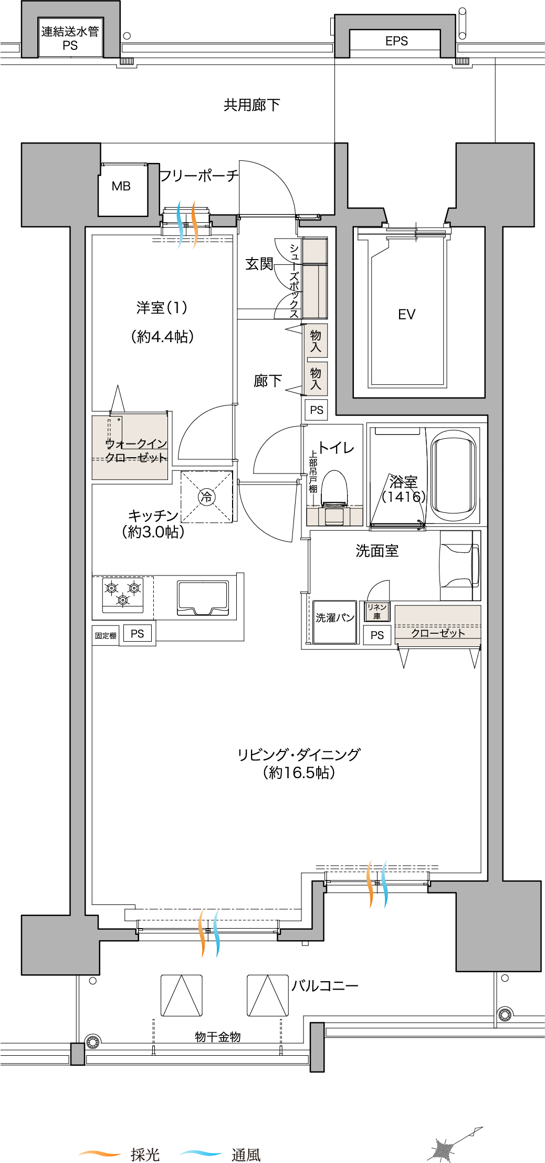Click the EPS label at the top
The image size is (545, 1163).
pyautogui.click(x=396, y=41)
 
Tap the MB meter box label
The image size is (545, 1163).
pyautogui.click(x=121, y=186)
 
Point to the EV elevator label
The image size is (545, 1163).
pyautogui.click(x=406, y=314)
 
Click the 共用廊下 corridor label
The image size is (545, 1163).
pyautogui.click(x=252, y=105)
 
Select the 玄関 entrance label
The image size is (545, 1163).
pyautogui.click(x=259, y=264)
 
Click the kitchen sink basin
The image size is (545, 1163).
pyautogui.click(x=203, y=598)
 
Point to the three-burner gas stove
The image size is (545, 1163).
pyautogui.click(x=123, y=594)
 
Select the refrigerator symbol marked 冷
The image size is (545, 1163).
pyautogui.click(x=206, y=497)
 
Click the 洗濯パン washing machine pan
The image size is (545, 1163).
pyautogui.click(x=334, y=622)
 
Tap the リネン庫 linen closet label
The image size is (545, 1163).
pyautogui.click(x=377, y=611)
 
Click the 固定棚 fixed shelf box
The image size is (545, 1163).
pyautogui.click(x=106, y=635)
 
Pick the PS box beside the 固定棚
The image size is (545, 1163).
pyautogui.click(x=138, y=634)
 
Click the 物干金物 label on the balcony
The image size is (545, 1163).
pyautogui.click(x=218, y=1036)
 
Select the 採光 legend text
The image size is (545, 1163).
pyautogui.click(x=145, y=1154)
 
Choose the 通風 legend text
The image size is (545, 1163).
pyautogui.click(x=246, y=1154)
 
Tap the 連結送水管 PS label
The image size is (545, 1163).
pyautogui.click(x=70, y=38)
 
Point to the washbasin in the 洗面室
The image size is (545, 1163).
pyautogui.click(x=460, y=565)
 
